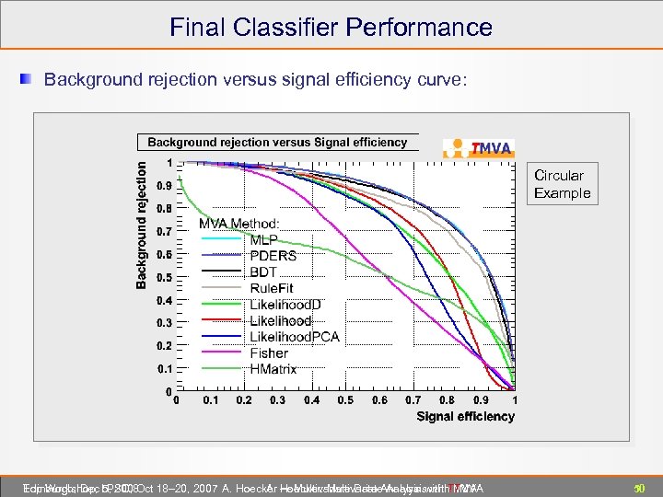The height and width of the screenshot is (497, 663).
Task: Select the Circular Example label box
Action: pos(562,184)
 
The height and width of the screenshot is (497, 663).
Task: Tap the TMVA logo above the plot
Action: pos(479,148)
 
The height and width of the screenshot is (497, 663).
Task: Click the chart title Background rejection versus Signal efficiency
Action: pos(277,143)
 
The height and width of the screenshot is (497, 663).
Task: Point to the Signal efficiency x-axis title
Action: pos(465,417)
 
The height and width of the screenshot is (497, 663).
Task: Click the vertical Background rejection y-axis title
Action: pos(142,225)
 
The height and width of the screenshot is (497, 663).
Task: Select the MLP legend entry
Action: pos(263,240)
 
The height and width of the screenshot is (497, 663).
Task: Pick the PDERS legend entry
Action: pos(273,256)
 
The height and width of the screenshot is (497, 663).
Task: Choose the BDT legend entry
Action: pos(263,272)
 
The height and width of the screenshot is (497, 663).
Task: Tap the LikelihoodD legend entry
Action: pos(285,305)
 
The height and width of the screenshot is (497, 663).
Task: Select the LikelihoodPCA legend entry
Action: pos(295,337)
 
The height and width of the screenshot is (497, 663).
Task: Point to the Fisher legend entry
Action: pos(269,353)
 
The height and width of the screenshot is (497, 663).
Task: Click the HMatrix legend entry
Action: pos(273,369)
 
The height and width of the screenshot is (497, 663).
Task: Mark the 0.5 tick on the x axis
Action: pos(345,401)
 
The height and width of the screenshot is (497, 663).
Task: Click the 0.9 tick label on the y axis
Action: pos(162,185)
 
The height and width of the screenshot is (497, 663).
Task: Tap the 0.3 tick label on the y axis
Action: pos(162,323)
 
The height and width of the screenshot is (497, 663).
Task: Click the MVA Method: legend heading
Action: pos(239,224)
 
